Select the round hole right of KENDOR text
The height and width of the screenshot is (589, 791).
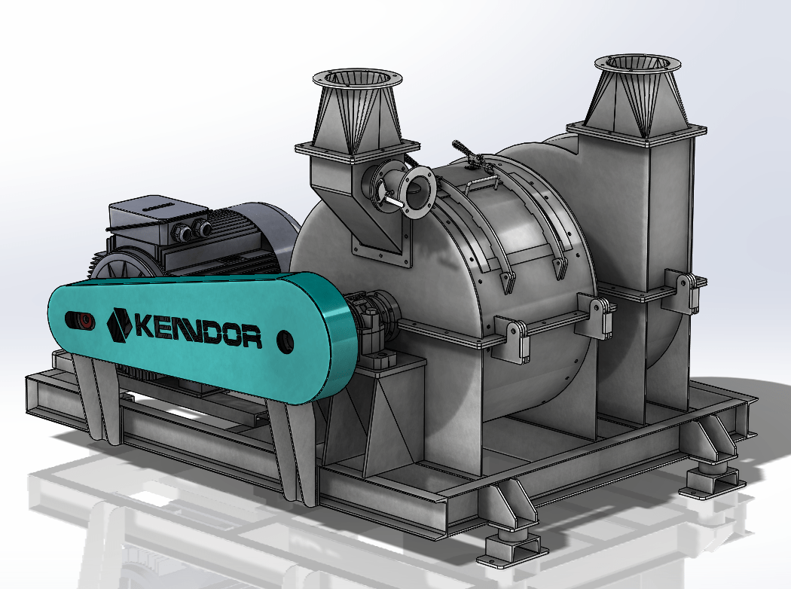point(286,341)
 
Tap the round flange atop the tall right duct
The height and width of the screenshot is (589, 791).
point(637,63)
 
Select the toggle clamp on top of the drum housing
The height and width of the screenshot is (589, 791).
point(469,154)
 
